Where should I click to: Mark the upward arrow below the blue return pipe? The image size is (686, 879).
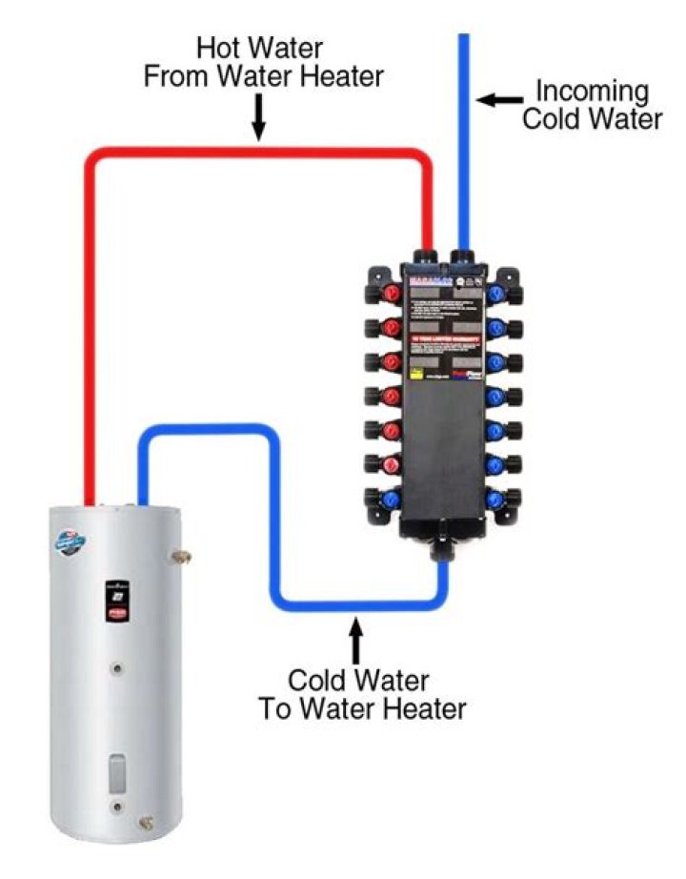357,640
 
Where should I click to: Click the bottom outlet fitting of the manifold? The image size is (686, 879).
443,550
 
